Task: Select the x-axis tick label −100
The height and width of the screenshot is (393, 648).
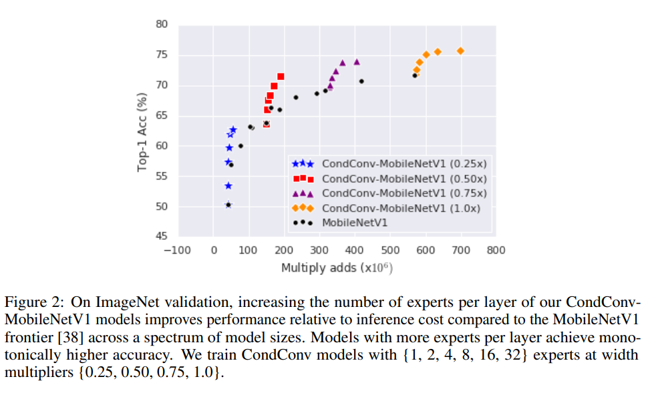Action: click(177, 251)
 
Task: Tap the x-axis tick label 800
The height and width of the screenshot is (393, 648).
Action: click(496, 251)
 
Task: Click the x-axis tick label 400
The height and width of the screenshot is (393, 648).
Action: click(355, 251)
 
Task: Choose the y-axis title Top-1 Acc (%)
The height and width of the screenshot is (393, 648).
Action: click(142, 132)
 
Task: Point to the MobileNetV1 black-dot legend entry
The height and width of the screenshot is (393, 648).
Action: click(355, 222)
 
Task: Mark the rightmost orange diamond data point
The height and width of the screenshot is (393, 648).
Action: click(460, 51)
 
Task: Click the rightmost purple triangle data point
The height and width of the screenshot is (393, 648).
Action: click(357, 61)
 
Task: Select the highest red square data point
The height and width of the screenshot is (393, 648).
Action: click(281, 77)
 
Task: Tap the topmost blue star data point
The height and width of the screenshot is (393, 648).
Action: click(233, 129)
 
